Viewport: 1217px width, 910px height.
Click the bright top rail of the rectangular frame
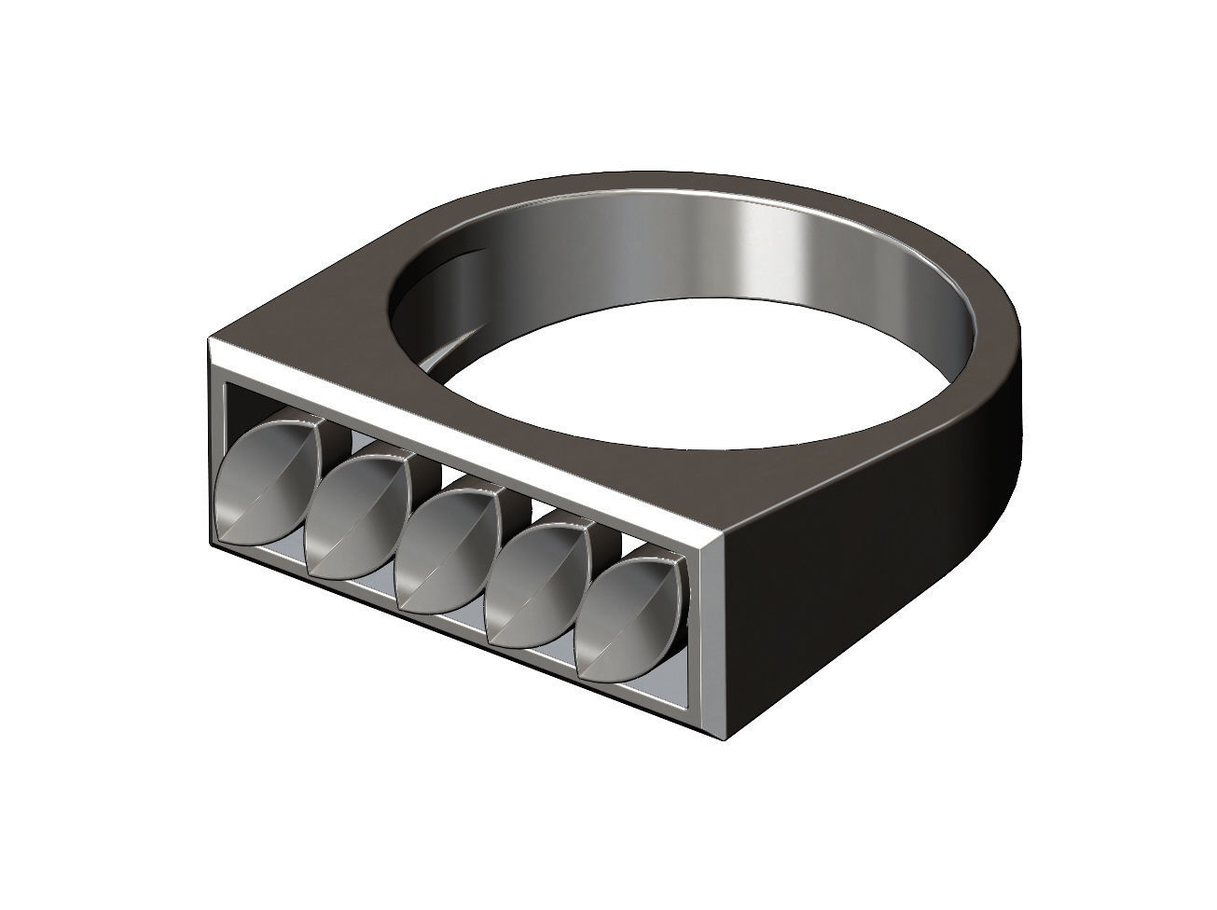pyautogui.click(x=466, y=438)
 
